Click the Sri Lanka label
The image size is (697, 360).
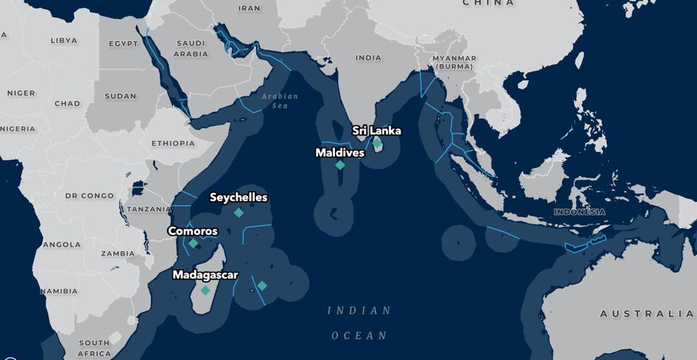376,131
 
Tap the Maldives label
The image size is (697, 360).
339,153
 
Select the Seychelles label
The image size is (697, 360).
238,197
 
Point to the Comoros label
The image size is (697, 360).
193,231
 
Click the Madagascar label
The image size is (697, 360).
205,275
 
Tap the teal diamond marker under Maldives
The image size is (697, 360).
340,166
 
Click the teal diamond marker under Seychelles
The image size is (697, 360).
238,213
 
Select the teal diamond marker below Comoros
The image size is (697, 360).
193,244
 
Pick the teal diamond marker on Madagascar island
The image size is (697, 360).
205,291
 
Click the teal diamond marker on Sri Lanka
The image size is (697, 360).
377,143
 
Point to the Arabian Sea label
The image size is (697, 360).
280,101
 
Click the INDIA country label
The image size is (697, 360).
369,57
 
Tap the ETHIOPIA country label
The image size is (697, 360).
173,143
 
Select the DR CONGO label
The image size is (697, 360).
90,196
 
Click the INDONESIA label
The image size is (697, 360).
580,212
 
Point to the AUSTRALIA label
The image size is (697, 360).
646,314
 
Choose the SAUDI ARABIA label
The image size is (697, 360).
191,49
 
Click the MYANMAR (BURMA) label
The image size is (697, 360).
455,62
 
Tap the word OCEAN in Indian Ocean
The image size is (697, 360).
359,336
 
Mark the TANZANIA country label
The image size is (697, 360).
150,209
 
